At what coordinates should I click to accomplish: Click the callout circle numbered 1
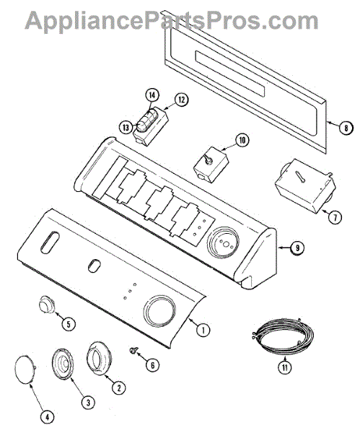203,330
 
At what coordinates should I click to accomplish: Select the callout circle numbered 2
119,388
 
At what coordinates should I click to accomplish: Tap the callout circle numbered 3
88,403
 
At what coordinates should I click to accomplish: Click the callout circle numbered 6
152,364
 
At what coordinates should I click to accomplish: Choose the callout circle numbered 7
335,217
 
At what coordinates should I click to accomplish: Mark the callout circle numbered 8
346,128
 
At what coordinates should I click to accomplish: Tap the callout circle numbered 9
297,248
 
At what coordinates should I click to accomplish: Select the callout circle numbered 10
242,140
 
